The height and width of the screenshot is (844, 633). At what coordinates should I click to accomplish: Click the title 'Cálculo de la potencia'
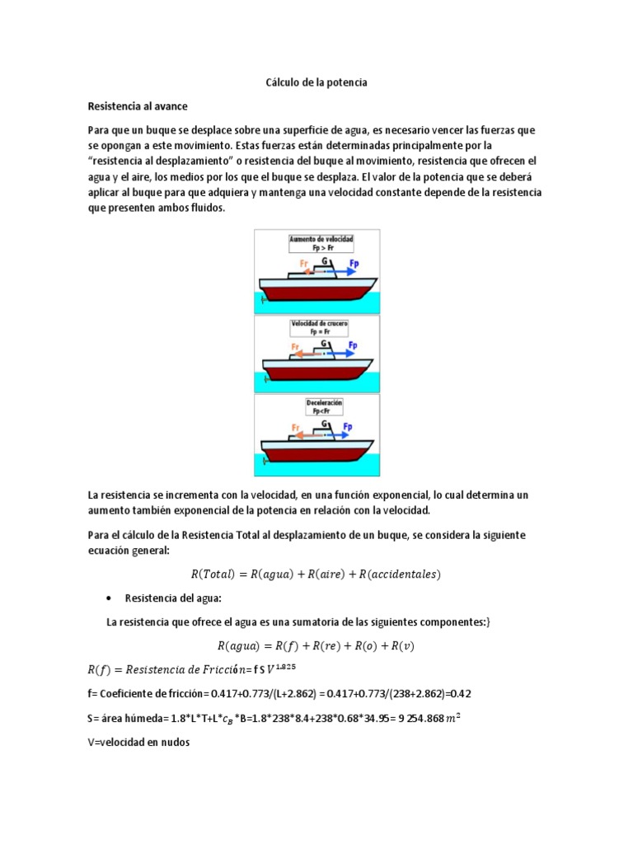click(x=316, y=83)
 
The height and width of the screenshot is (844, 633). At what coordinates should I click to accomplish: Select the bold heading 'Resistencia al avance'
click(x=138, y=106)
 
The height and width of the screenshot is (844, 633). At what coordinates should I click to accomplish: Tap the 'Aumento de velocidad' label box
click(x=320, y=242)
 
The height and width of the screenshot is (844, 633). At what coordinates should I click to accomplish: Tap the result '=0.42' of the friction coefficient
click(x=455, y=693)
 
